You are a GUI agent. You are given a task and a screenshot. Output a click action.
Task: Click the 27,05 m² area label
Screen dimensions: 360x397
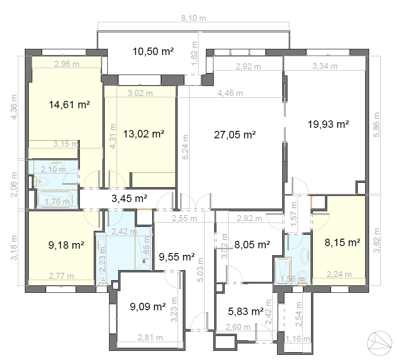point(235,135)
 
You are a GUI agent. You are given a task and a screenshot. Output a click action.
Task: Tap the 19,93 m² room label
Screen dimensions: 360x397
point(328,124)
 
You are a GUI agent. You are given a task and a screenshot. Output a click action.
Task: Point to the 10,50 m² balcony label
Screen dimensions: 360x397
point(153,51)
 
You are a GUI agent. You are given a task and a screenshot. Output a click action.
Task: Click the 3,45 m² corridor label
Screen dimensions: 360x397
point(129,199)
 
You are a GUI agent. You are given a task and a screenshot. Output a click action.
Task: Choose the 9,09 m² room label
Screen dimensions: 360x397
point(148,307)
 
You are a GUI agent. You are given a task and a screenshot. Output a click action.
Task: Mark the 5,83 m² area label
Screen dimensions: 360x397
point(246,312)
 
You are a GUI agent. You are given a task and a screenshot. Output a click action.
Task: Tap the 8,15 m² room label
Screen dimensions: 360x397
point(342,243)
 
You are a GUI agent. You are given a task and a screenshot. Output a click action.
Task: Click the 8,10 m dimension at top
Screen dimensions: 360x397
point(193,18)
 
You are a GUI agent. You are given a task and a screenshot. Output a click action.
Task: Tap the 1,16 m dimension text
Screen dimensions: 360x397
point(298,339)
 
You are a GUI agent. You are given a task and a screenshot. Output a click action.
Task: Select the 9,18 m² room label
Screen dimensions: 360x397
point(66,246)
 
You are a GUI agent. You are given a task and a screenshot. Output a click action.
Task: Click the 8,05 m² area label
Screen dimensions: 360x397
point(252,245)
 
